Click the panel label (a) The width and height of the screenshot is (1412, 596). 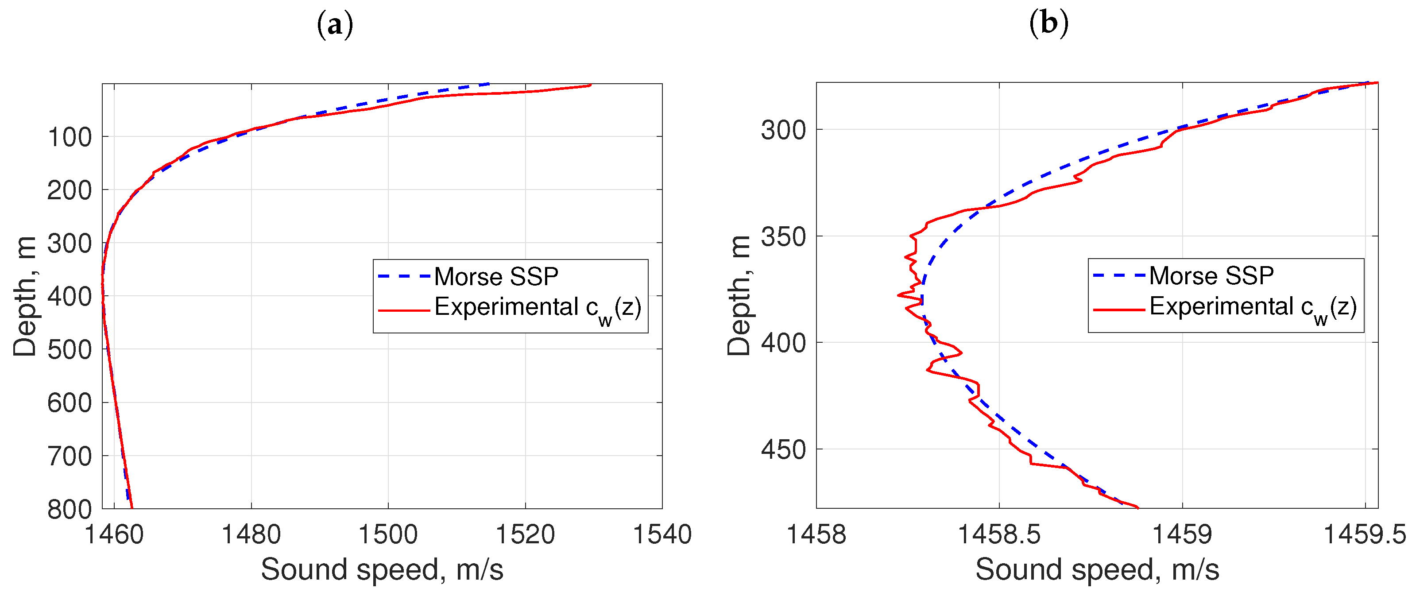coord(335,25)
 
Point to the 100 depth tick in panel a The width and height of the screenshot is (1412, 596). coord(70,137)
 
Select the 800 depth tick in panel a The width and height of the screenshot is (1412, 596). coord(70,509)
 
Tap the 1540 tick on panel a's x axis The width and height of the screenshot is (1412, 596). coord(662,534)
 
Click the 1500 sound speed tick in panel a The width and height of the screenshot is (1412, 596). coord(388,534)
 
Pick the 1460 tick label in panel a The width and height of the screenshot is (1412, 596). coord(114,534)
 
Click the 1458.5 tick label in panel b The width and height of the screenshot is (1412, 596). coord(999,534)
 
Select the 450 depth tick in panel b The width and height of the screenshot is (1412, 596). coord(783,449)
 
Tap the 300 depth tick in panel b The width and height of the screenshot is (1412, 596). coord(783,130)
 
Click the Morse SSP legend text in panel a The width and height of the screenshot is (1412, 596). coord(496,276)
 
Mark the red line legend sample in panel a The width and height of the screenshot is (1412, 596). coord(403,311)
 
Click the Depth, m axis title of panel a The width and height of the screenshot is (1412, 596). coord(25,296)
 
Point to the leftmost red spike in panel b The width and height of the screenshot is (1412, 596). coord(899,295)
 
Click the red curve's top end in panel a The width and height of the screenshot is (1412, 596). coord(590,85)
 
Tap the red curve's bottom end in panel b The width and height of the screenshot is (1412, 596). coord(1138,507)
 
